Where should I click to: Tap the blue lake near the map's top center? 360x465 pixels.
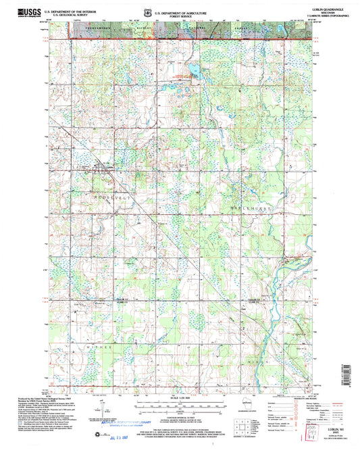click(x=193, y=70)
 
